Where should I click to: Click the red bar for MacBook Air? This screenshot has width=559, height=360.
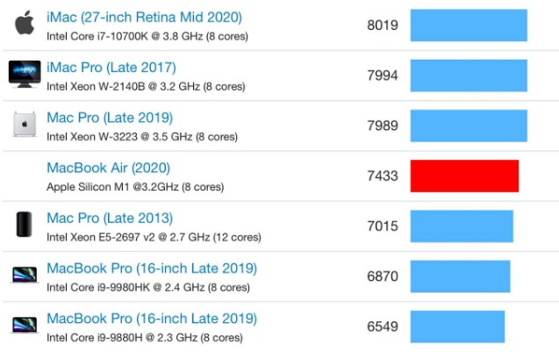click(x=464, y=176)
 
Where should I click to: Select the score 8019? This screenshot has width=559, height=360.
click(x=383, y=25)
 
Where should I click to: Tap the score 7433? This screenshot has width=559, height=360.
click(x=383, y=176)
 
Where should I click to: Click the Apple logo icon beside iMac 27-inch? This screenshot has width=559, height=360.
click(x=25, y=25)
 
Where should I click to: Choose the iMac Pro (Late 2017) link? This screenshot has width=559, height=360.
click(x=111, y=68)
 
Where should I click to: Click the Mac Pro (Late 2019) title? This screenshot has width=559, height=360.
click(x=110, y=118)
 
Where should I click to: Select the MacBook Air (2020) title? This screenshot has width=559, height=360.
click(x=108, y=168)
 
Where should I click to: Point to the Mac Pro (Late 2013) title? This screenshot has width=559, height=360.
click(x=110, y=218)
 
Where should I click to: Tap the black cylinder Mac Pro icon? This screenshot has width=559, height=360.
click(x=25, y=226)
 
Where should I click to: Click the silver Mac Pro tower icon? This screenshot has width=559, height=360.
click(x=25, y=125)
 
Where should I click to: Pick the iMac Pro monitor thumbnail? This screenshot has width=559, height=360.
click(x=25, y=75)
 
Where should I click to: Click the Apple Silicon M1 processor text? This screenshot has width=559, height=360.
click(x=134, y=187)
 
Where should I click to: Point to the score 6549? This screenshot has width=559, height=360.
click(x=383, y=327)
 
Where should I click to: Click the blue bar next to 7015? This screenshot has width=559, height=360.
click(x=462, y=226)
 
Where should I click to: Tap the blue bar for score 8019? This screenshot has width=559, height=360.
click(x=469, y=25)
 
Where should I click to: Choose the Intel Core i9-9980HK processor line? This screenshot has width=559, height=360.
click(x=148, y=287)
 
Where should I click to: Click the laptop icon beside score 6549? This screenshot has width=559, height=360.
click(x=25, y=326)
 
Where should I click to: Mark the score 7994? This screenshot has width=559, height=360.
click(x=383, y=76)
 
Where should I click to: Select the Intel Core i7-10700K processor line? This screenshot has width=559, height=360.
click(x=147, y=37)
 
